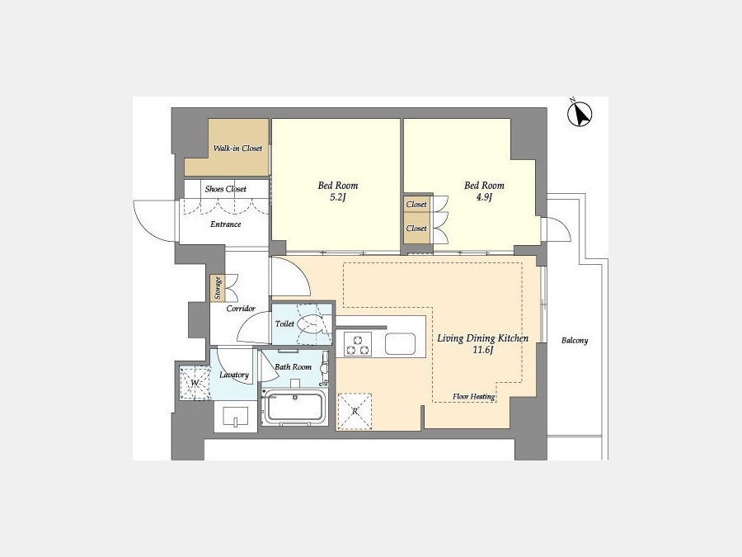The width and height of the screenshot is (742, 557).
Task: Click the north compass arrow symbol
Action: coord(580,114)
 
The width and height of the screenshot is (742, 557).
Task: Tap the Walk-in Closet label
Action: coord(237,149)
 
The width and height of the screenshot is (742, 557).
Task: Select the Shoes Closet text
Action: coord(226,189)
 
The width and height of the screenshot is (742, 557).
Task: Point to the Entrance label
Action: coord(226,224)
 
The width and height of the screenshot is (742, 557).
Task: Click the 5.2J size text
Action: coord(338,198)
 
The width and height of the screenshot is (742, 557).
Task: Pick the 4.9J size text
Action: coord(484,198)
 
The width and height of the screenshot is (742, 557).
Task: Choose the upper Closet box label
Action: coord(416,204)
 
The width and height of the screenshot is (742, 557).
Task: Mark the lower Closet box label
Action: coord(416,229)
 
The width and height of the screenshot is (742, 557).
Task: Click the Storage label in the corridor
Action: coord(218,288)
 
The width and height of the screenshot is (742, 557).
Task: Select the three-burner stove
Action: coord(358,344)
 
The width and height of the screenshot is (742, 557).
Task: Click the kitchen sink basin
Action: coord(400,344)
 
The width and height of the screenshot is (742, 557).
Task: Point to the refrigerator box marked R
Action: coord(355,412)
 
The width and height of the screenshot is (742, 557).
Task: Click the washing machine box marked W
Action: coord(195,383)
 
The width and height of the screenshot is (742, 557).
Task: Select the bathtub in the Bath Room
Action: coord(294,406)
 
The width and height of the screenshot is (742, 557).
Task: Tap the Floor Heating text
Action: coord(474,397)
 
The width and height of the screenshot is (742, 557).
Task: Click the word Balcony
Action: coord(575,341)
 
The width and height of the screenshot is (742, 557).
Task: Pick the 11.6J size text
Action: coord(482,351)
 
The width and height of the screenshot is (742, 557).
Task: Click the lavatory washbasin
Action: coord(236,417)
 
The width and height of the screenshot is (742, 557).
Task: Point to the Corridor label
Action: coord(241,309)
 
